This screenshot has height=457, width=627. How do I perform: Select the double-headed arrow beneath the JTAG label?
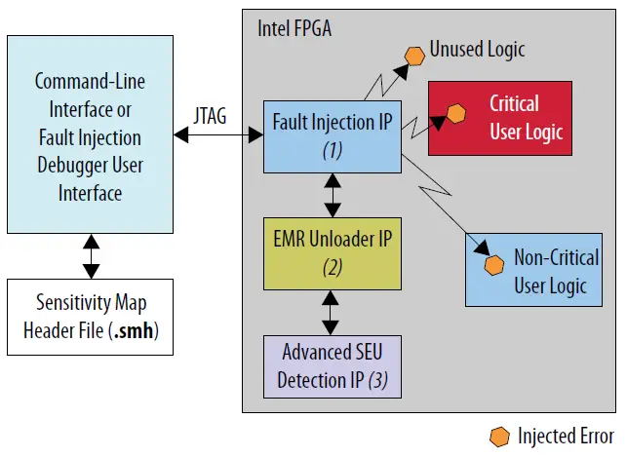(x=216, y=136)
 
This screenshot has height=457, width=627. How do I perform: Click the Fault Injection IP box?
(x=333, y=135)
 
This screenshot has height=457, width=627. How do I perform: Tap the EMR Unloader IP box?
(x=333, y=253)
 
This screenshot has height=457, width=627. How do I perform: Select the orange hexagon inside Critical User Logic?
(x=454, y=115)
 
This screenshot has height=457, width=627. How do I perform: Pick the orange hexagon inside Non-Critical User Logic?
(x=494, y=264)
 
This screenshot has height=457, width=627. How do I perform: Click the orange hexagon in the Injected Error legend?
(x=500, y=436)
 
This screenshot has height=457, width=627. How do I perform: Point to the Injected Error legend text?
(x=566, y=436)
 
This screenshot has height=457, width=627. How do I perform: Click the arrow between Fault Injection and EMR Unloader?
(x=333, y=195)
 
